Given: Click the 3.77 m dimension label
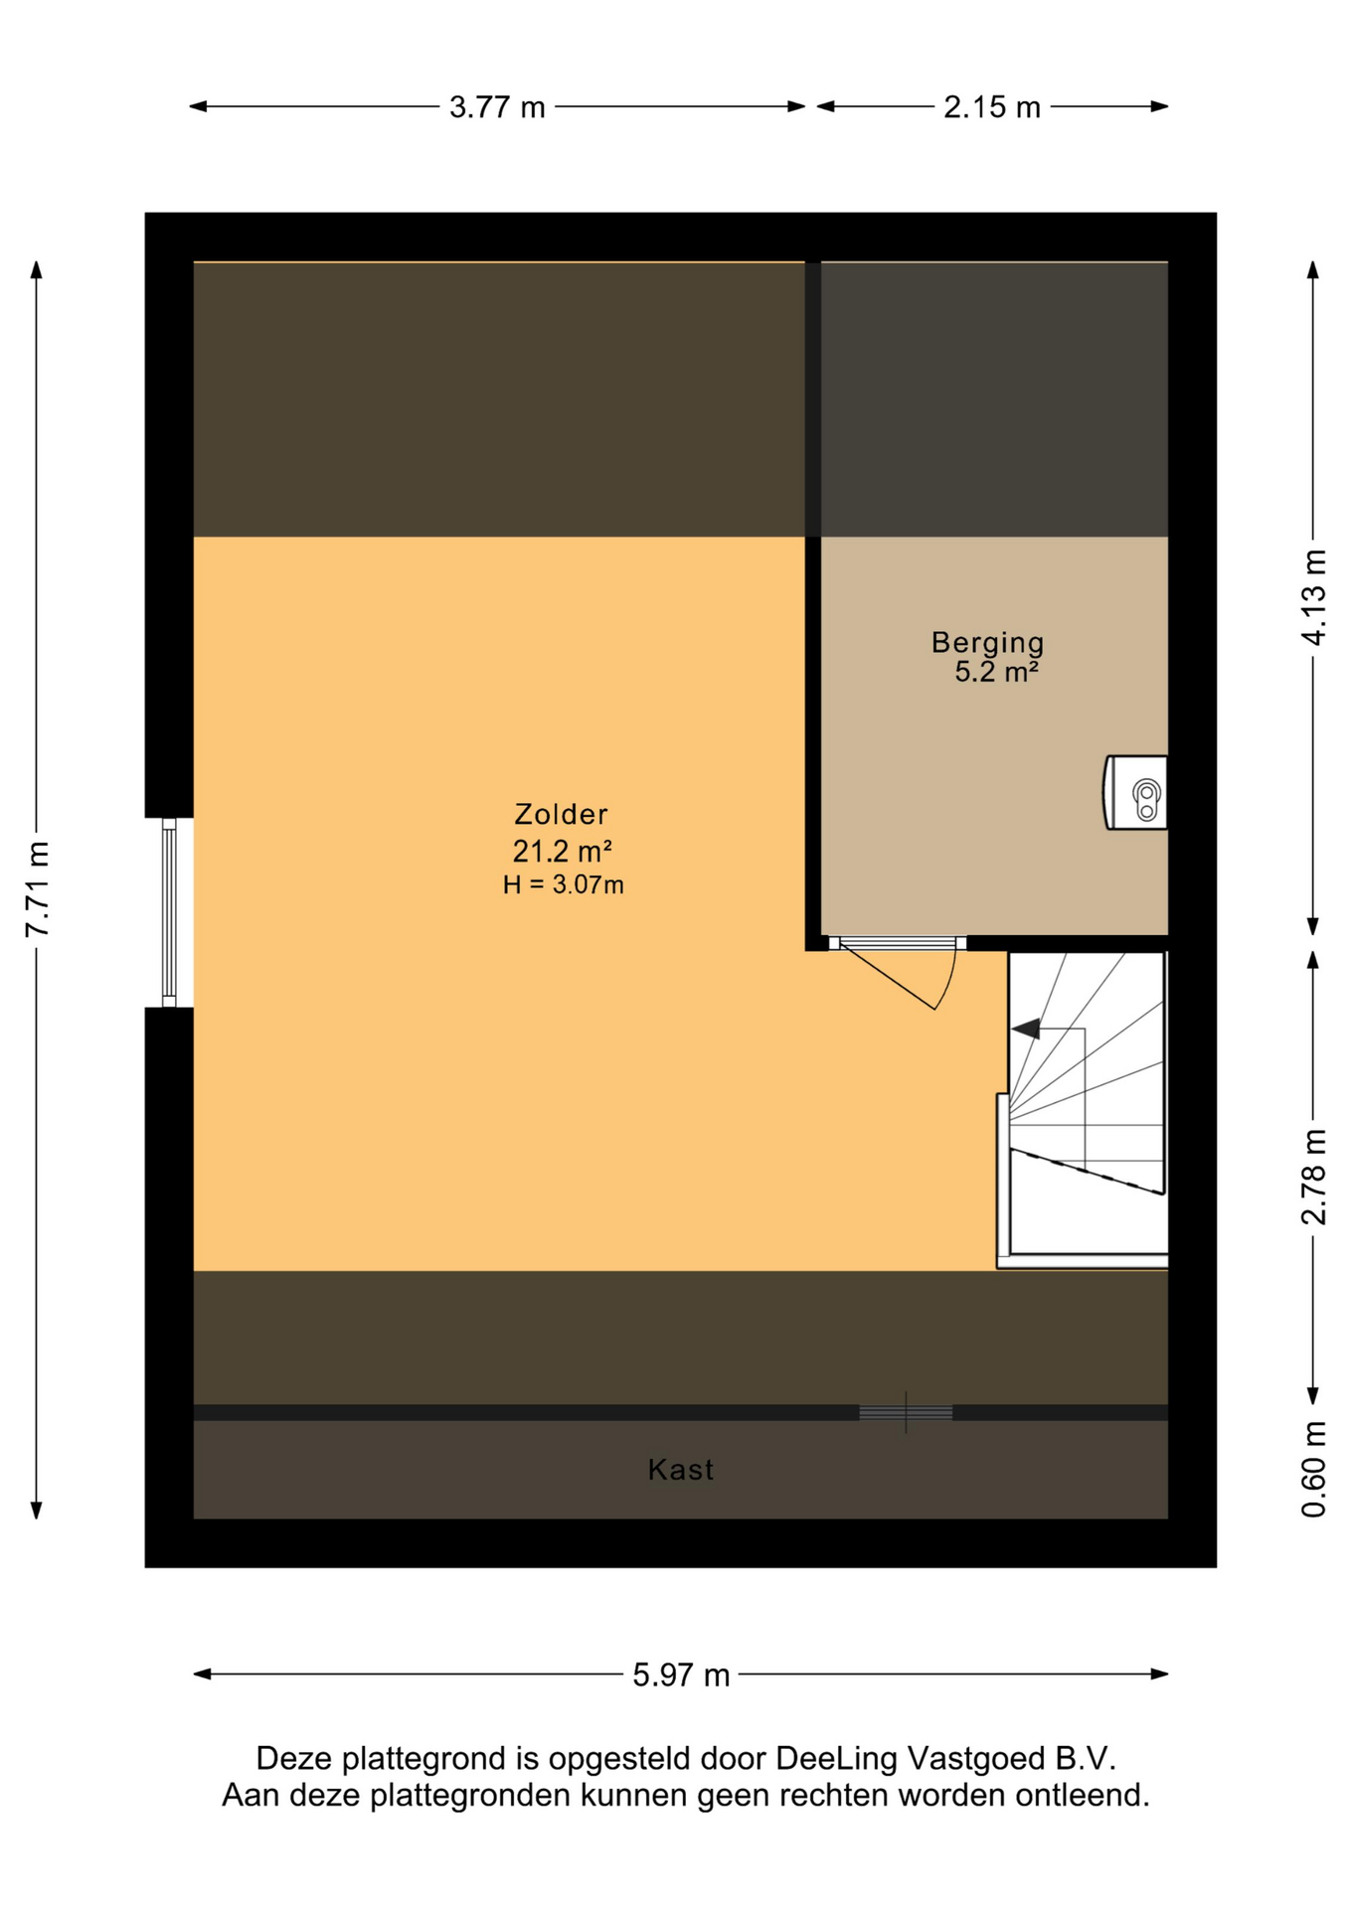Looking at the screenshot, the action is [x=497, y=106].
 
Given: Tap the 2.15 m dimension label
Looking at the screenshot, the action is [x=991, y=106].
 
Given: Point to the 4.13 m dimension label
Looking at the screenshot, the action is [x=1313, y=596].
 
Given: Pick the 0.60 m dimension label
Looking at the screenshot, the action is [x=1313, y=1469].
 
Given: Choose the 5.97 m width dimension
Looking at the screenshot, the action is [x=681, y=1674].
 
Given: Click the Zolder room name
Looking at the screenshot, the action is [x=561, y=814].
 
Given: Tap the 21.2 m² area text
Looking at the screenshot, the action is [x=562, y=851].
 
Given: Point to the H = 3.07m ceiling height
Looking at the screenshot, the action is [x=563, y=884].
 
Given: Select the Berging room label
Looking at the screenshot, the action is [x=987, y=643].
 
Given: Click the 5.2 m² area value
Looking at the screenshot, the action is [x=996, y=672].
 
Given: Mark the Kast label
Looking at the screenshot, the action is [x=680, y=1469].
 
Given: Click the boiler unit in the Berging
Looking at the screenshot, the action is [x=1135, y=792].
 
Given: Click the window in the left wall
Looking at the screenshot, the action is [x=169, y=912].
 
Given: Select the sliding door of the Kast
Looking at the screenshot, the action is [x=906, y=1412].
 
